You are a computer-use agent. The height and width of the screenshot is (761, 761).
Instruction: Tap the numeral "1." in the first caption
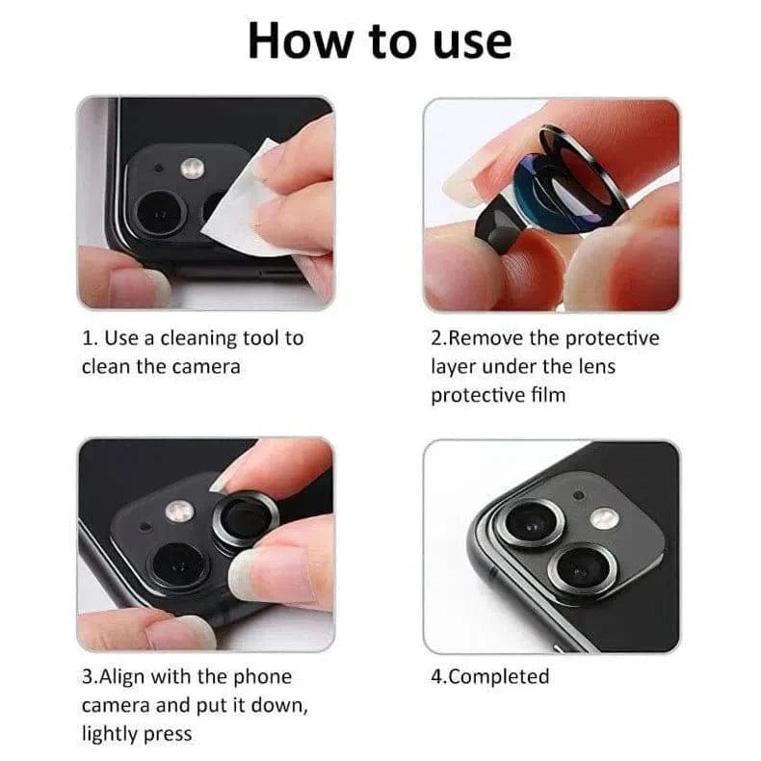90,338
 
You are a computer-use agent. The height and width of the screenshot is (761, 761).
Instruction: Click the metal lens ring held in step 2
578,173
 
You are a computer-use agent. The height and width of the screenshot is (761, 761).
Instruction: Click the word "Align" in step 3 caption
123,676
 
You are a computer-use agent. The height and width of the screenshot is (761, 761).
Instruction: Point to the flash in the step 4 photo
603,517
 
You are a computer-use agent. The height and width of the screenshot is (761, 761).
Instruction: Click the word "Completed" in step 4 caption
499,676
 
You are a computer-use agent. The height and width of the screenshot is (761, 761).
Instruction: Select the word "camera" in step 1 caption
204,366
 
